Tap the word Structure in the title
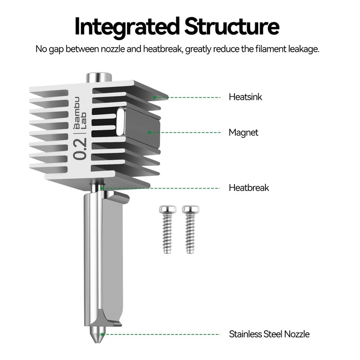(x=232, y=26)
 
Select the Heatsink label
(x=245, y=97)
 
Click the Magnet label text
(x=243, y=133)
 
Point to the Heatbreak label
(x=249, y=188)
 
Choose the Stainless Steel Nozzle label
(x=269, y=334)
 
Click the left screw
(x=167, y=229)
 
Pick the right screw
(x=190, y=229)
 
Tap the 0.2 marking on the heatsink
(x=80, y=149)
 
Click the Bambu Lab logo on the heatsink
(x=80, y=113)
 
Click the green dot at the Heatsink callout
(x=154, y=97)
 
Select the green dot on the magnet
(x=149, y=132)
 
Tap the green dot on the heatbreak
(x=102, y=188)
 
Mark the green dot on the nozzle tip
(x=103, y=334)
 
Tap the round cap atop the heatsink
(x=99, y=77)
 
